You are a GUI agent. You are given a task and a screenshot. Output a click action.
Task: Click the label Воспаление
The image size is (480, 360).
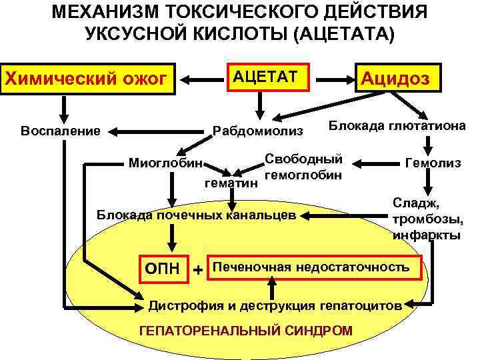click(x=61, y=129)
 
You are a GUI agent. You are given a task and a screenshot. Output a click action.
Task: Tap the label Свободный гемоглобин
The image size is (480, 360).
click(x=303, y=167)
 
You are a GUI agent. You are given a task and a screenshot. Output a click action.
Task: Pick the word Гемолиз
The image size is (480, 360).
click(x=430, y=163)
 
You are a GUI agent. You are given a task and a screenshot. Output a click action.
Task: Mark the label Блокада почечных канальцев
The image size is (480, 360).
click(x=195, y=215)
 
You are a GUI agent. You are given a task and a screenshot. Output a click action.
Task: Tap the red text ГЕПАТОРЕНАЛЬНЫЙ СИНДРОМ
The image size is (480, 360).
click(x=245, y=331)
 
